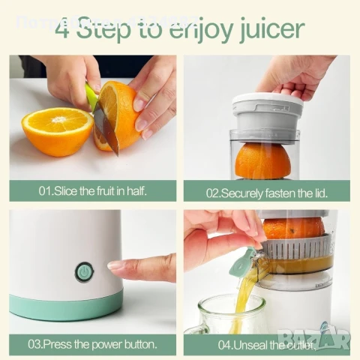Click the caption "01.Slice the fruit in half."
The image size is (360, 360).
[92, 191]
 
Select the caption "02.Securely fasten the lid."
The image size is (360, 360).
[266, 192]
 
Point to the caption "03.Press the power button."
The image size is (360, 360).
[92, 344]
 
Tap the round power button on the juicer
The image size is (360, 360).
[84, 272]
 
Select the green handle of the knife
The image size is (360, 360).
[91, 95]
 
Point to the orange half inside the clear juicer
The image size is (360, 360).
[262, 160]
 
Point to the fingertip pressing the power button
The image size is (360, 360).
[114, 265]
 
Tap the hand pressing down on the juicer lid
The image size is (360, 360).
[300, 75]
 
